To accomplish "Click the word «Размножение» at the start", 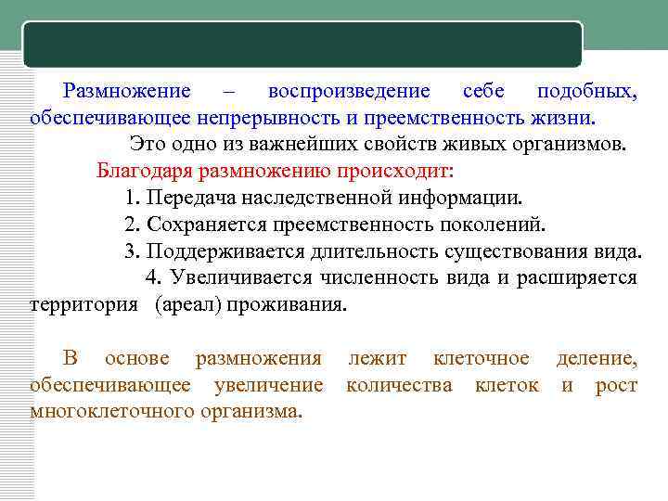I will [x=127, y=92].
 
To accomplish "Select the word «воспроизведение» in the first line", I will [x=348, y=92].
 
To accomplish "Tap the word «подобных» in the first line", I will [x=585, y=92].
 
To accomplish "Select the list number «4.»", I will [x=153, y=277].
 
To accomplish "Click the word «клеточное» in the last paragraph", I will [x=482, y=358].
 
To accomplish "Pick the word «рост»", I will [x=616, y=384].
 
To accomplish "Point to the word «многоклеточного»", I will [x=111, y=410].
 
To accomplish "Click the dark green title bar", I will [x=303, y=45].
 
